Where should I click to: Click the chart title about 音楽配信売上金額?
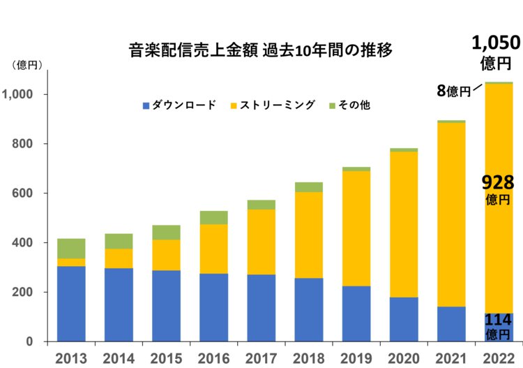[261, 50]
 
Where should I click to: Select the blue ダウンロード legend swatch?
[146, 105]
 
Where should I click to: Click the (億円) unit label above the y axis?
[26, 65]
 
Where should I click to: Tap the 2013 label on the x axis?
[71, 358]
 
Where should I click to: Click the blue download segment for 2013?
[71, 304]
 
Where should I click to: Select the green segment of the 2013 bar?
[71, 249]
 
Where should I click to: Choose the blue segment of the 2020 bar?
[404, 319]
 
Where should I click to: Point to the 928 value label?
[498, 184]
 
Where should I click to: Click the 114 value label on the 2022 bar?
[498, 321]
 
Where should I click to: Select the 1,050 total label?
[496, 43]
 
